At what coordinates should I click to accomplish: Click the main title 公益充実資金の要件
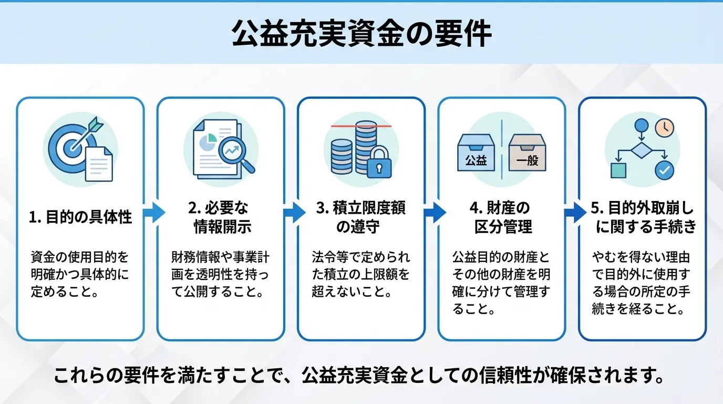[361, 35]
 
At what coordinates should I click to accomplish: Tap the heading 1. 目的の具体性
[80, 217]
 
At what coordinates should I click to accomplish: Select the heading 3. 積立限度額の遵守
[361, 217]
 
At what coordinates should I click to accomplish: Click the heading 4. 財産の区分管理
[501, 217]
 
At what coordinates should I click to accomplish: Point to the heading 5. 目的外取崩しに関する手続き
[642, 217]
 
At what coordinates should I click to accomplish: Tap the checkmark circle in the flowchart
[663, 170]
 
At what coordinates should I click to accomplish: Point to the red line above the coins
[361, 127]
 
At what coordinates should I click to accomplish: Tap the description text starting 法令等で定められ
[361, 275]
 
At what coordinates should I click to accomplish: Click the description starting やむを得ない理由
[642, 284]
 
